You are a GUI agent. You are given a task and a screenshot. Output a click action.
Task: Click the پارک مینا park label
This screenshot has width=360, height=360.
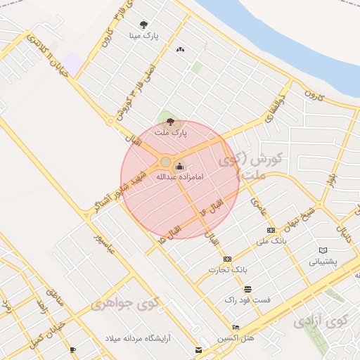point(144,34)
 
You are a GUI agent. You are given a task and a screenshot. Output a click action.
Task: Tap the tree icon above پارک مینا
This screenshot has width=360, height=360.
point(144,24)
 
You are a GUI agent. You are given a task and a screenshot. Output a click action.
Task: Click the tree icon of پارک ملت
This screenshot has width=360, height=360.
point(170,121)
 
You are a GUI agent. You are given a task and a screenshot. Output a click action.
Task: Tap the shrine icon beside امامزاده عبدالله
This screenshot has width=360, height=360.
point(179,167)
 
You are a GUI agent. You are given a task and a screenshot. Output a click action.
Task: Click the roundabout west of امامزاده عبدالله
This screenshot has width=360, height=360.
point(165,162)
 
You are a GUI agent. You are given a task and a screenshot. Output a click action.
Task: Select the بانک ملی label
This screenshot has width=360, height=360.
point(271,240)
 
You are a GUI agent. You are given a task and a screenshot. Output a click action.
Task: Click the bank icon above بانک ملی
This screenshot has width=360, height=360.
point(271,230)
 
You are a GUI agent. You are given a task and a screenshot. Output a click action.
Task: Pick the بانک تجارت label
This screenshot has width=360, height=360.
point(227,269)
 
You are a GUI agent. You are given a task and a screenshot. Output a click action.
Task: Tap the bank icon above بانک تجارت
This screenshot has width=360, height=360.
point(227,259)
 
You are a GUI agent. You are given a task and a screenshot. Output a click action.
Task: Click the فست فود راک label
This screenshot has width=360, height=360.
point(247,300)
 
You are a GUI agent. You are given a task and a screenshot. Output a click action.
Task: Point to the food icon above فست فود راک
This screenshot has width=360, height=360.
point(247,289)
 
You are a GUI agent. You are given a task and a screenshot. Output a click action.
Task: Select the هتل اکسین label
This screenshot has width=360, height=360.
point(235,338)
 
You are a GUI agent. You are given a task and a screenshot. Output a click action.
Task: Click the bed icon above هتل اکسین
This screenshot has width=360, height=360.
point(235,328)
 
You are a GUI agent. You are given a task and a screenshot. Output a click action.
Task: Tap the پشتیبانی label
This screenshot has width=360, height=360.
point(323,261)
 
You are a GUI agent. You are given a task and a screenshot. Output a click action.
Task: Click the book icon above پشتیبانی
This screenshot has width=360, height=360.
point(323,250)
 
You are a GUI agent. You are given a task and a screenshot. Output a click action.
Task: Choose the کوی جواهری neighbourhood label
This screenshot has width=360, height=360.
point(125,304)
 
